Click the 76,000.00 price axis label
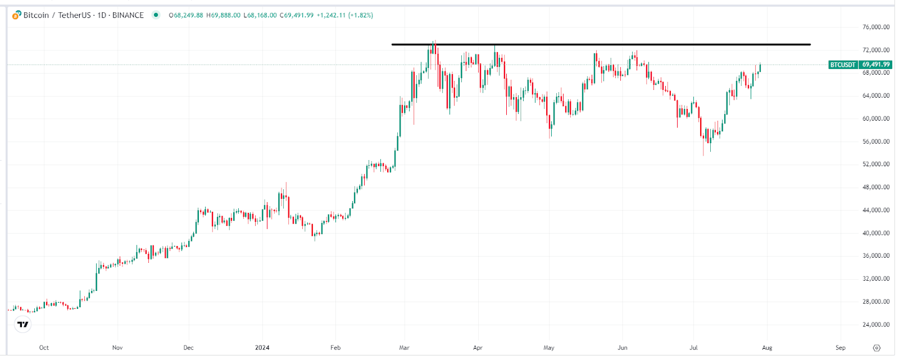[x=875, y=27]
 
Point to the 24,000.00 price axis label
[x=875, y=325]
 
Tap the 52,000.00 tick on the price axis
[x=875, y=165]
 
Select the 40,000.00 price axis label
[x=875, y=233]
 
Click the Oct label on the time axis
[x=44, y=348]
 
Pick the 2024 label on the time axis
[x=262, y=348]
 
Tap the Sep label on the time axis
[x=840, y=348]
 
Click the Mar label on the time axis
[x=404, y=348]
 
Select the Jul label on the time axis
[x=693, y=348]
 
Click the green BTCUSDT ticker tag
[x=843, y=65]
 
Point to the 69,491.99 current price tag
[x=876, y=65]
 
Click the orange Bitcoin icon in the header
[x=17, y=15]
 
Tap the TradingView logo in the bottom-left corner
[x=22, y=324]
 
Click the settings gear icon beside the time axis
[x=877, y=348]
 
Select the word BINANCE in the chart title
[x=128, y=15]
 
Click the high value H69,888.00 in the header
[x=223, y=15]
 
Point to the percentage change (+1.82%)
[x=360, y=15]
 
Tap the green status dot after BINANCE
[x=156, y=15]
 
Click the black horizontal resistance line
[x=601, y=44]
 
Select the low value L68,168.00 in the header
[x=260, y=15]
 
